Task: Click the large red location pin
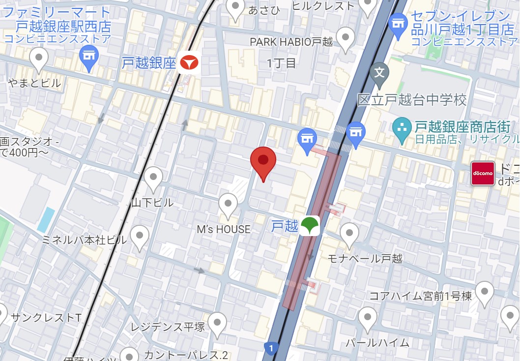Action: [263, 162]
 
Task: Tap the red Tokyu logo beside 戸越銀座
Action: [189, 63]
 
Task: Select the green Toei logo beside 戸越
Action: [310, 226]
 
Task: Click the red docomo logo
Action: [483, 173]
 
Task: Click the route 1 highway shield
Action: [271, 348]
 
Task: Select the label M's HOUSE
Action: [224, 229]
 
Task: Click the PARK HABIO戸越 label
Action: [291, 42]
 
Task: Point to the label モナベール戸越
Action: [365, 258]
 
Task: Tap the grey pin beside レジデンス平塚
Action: [217, 323]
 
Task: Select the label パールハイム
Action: [377, 342]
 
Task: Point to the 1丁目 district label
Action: [282, 63]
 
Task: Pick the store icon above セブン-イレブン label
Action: [397, 23]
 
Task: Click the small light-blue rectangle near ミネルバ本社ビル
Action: [46, 220]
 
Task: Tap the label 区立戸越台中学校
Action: [412, 101]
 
